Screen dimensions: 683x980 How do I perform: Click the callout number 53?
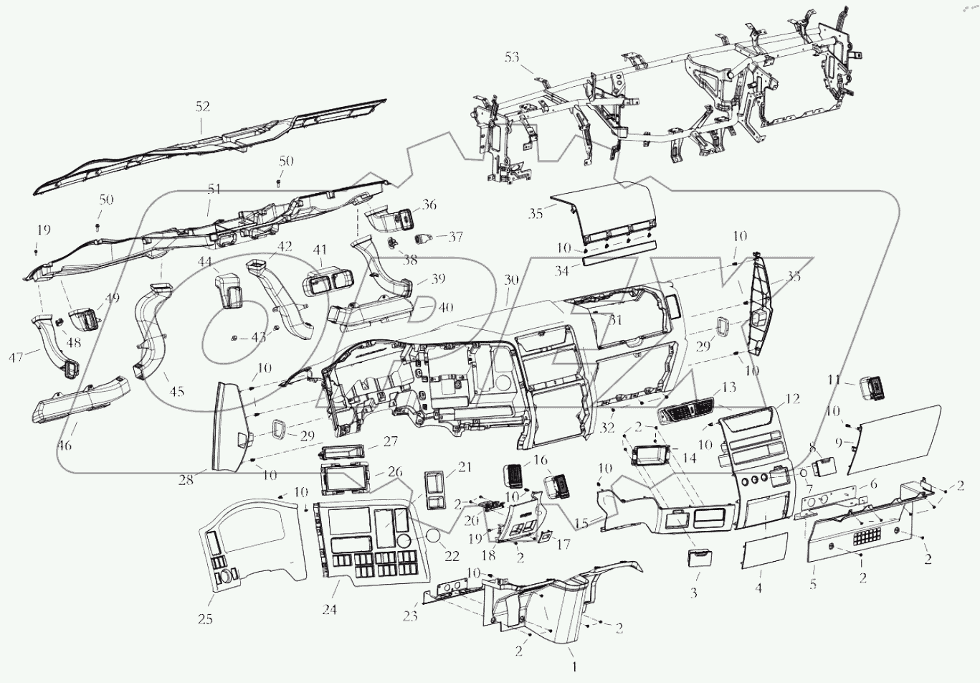512,57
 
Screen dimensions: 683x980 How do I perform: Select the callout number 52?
203,106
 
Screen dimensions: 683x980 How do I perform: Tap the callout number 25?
206,619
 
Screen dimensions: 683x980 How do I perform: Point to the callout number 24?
329,611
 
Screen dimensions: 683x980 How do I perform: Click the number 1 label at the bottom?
574,667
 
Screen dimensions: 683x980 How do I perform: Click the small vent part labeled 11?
870,387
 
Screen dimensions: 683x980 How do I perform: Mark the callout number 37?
456,237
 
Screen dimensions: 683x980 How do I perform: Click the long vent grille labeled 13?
685,414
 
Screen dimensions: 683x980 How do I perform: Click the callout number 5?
812,585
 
